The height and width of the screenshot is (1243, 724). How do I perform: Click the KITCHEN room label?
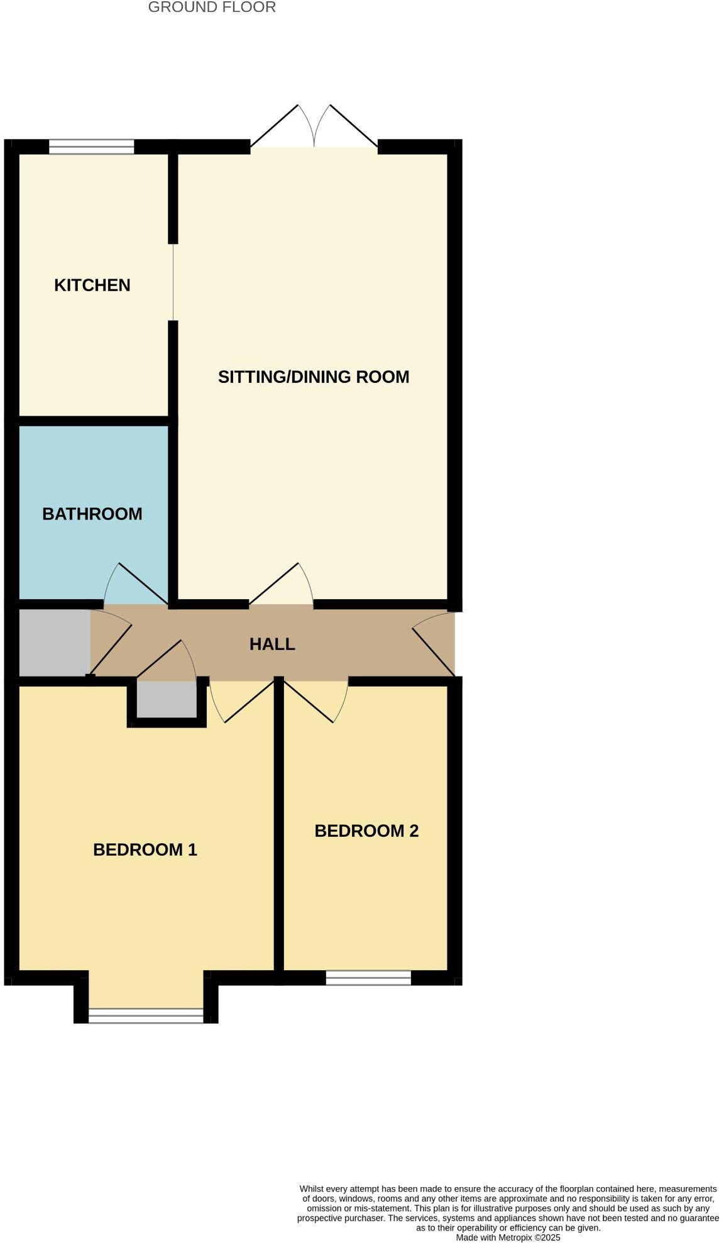point(92,285)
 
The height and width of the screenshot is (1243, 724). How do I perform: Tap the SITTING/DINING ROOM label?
point(313,377)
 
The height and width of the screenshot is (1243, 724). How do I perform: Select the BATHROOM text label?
point(92,514)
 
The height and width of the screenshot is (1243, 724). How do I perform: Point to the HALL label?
point(271,644)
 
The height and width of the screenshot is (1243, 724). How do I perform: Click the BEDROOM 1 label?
point(145,849)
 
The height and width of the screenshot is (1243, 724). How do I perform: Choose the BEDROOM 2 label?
point(366,831)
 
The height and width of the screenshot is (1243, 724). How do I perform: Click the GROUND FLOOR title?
point(212,8)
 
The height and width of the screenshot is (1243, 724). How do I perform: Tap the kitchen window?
point(92,146)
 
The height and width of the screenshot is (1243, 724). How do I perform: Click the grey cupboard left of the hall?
point(55,643)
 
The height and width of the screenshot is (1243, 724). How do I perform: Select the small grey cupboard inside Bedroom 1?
point(167,699)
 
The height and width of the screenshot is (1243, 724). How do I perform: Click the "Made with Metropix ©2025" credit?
point(508,1237)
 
